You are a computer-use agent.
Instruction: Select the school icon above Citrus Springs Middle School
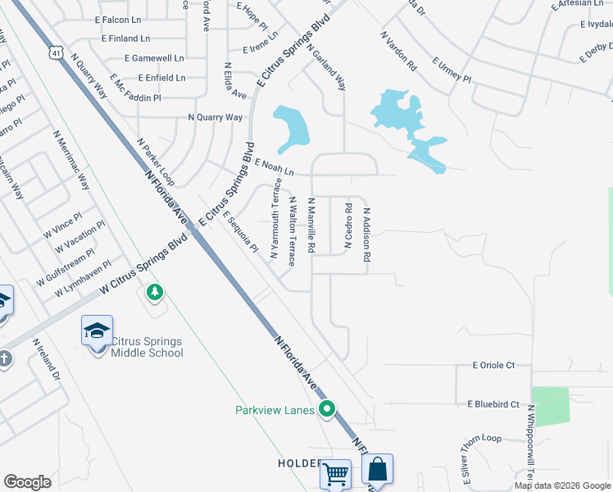(97, 331)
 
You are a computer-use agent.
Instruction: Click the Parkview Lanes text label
(275, 410)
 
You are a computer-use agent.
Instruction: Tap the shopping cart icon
(335, 473)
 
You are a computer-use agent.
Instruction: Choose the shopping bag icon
(377, 470)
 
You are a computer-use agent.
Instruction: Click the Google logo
(27, 481)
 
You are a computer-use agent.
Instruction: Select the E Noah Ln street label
(274, 168)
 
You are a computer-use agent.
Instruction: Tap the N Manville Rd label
(311, 225)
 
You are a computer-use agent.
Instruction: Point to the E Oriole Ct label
(493, 365)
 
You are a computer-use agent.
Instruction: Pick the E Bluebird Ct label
(493, 404)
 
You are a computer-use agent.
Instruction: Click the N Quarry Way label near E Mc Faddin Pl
(216, 117)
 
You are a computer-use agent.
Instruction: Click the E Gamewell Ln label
(154, 58)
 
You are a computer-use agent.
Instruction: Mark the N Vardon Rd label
(399, 51)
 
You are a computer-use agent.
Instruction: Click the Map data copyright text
(562, 485)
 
